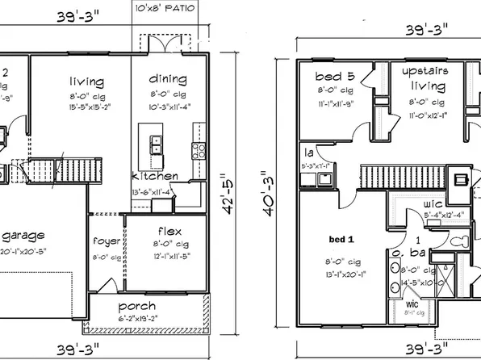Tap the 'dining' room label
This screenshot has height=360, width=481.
(168, 79)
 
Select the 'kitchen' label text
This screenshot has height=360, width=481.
(155, 176)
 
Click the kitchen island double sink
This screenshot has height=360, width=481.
(155, 144)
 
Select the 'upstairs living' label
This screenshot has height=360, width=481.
(423, 78)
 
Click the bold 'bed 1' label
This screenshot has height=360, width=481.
(342, 240)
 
